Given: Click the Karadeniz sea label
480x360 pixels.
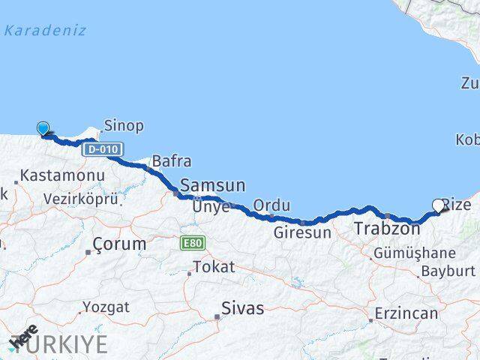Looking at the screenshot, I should tap(45, 31).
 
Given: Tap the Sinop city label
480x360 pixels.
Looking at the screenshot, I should tap(124, 125).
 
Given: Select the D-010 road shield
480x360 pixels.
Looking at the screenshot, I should tap(103, 149).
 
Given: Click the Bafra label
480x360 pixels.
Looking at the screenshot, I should tap(171, 160).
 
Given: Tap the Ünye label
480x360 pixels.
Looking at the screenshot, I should tap(211, 206).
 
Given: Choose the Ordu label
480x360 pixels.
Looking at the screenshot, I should tap(271, 205).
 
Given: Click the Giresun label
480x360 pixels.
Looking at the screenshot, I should tap(301, 232).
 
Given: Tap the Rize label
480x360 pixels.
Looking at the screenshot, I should tap(457, 205).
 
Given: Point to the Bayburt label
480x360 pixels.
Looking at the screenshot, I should tap(448, 271).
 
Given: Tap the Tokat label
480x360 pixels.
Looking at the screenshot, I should tap(214, 266).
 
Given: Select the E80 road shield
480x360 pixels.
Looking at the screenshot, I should tap(192, 243).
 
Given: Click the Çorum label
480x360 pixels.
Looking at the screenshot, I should tap(120, 244).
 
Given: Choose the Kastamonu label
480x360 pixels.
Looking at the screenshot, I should tap(62, 175).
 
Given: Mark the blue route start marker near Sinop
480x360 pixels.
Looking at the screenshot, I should tap(43, 129).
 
